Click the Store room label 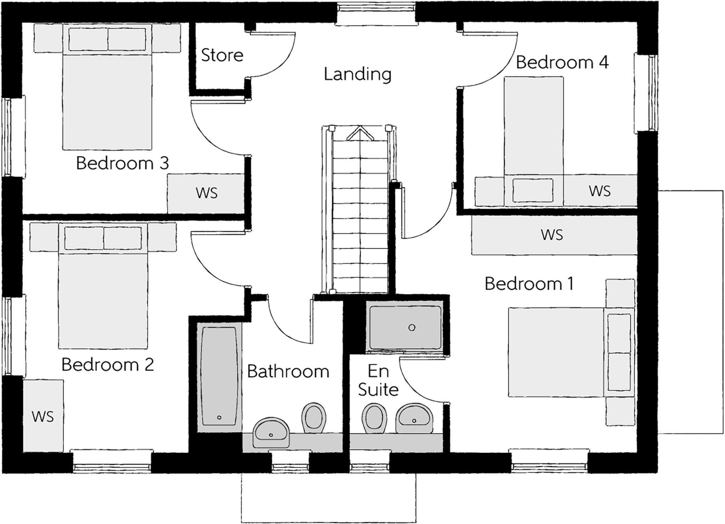(x=222, y=55)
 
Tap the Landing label (x=358, y=74)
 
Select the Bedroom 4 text (x=562, y=62)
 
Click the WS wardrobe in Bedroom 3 (x=206, y=193)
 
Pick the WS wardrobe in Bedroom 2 (x=43, y=417)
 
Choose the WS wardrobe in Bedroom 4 (x=600, y=191)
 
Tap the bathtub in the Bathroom (x=219, y=375)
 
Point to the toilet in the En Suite (x=374, y=418)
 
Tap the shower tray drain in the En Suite (x=412, y=327)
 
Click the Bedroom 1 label (x=529, y=284)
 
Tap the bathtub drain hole (x=219, y=417)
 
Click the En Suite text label (x=378, y=380)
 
